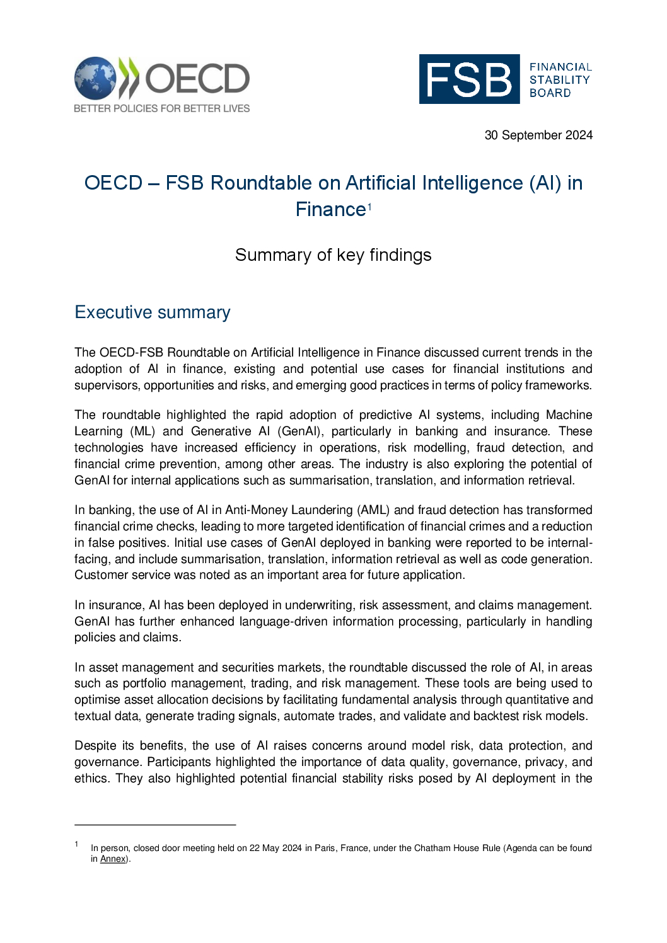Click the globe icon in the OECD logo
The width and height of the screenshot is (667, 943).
pyautogui.click(x=95, y=78)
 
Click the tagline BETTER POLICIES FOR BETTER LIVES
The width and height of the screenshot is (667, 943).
pyautogui.click(x=161, y=108)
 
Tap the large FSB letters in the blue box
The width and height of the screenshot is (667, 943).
pyautogui.click(x=469, y=79)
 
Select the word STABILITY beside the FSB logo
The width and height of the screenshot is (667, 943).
pyautogui.click(x=559, y=80)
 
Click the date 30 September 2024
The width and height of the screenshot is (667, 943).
pyautogui.click(x=538, y=135)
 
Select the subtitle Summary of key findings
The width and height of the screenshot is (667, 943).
pyautogui.click(x=333, y=255)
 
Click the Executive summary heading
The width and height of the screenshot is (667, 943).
pyautogui.click(x=153, y=312)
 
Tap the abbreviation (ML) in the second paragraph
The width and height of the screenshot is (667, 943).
pyautogui.click(x=142, y=431)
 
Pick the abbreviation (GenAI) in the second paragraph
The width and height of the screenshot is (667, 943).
pyautogui.click(x=300, y=431)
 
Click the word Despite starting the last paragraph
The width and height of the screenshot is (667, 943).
pyautogui.click(x=95, y=746)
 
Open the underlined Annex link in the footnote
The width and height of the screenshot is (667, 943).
pyautogui.click(x=113, y=859)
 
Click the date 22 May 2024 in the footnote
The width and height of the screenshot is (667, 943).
pyautogui.click(x=275, y=849)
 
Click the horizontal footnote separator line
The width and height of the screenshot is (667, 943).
pyautogui.click(x=155, y=825)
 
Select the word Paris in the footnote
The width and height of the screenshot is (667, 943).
pyautogui.click(x=325, y=849)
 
